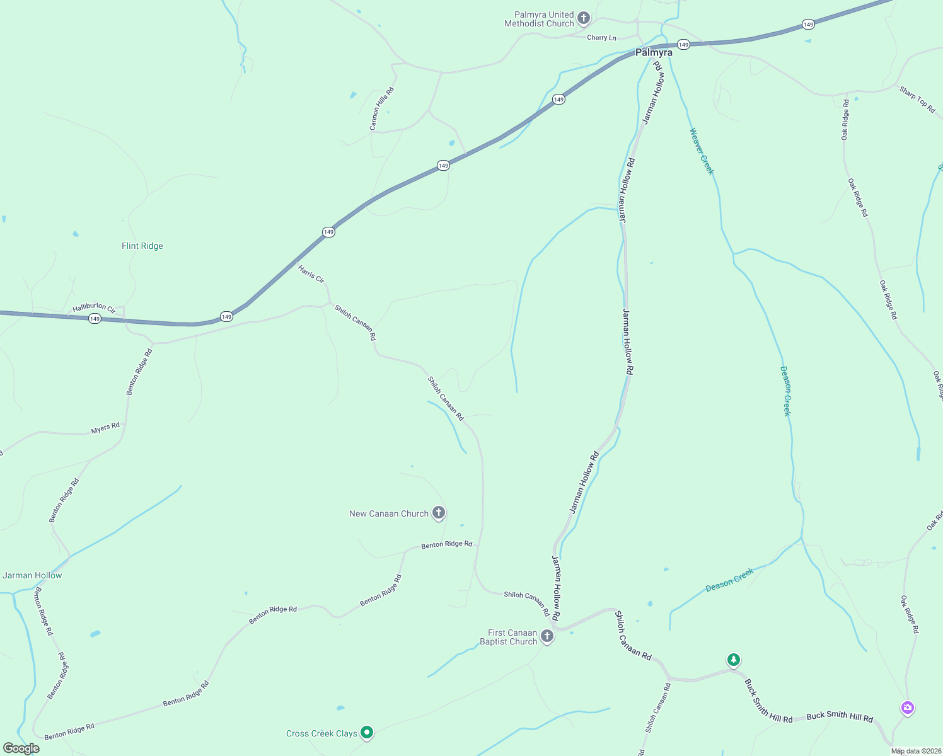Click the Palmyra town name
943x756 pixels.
[x=654, y=53]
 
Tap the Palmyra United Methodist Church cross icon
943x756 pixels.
[x=584, y=18]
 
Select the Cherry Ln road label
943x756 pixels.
[x=601, y=38]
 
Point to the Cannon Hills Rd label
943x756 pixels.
[x=382, y=109]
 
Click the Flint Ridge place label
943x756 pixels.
[x=142, y=246]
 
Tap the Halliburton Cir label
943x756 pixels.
[x=94, y=308]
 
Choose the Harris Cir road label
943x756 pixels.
[x=311, y=274]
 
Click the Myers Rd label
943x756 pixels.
[x=105, y=428]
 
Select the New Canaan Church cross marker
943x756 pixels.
[x=439, y=513]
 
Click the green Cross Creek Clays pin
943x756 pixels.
[x=367, y=732]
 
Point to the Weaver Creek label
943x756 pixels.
[x=702, y=151]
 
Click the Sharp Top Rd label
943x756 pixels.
[x=917, y=100]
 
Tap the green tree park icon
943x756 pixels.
[x=733, y=660]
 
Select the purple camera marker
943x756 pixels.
[x=907, y=707]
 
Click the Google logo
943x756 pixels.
[x=21, y=748]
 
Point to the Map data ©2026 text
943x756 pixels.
[x=916, y=751]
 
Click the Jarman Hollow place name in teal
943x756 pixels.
[x=32, y=575]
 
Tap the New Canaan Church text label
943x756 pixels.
[x=389, y=514]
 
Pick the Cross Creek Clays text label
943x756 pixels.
[x=321, y=733]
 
